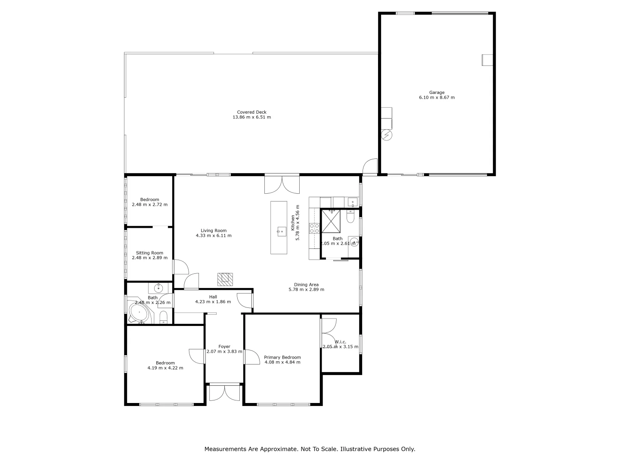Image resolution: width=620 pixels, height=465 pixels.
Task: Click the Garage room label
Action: pos(437,92)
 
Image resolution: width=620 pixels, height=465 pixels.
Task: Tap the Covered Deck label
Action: pos(251,112)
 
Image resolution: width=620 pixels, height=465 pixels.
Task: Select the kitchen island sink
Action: pos(281,231)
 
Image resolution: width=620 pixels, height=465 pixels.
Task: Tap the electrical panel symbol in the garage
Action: pos(387,135)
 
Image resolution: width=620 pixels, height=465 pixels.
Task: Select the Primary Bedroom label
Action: pos(282,357)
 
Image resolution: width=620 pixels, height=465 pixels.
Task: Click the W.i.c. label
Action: pos(341,342)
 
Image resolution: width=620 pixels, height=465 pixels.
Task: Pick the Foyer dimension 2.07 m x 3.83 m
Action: pos(224,352)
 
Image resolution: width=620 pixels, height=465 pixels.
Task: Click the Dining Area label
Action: pos(306,284)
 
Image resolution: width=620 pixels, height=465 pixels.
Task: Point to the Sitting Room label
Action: pos(149,253)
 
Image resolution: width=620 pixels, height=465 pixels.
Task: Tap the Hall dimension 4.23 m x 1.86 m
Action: pos(213,302)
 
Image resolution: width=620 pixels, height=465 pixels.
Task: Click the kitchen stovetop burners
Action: pos(314,228)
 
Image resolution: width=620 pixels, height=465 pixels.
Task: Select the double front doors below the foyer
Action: pos(224,393)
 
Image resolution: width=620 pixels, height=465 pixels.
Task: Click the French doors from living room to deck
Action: pos(282,184)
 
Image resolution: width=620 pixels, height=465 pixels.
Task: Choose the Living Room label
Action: pos(214,230)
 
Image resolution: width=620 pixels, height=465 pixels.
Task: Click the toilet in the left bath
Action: pos(163,318)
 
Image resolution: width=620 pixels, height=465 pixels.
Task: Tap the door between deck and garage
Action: pos(370,167)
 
